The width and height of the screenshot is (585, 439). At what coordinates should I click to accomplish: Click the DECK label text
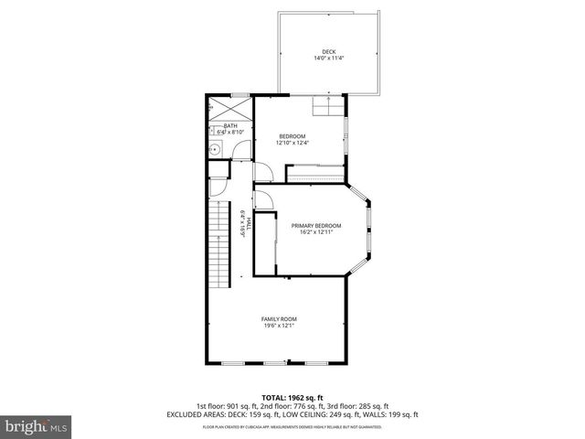click(x=328, y=51)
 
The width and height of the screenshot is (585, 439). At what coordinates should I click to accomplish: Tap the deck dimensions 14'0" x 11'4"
click(x=328, y=59)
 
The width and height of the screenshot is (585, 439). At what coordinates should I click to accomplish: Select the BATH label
click(x=230, y=126)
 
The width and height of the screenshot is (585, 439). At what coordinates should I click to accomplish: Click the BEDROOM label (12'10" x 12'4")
click(x=292, y=136)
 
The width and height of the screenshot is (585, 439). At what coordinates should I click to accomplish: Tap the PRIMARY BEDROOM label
click(x=316, y=225)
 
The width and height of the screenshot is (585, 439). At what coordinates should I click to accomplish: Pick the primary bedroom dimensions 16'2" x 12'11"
click(x=316, y=232)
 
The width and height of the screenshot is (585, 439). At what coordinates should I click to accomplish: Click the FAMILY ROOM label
click(x=279, y=318)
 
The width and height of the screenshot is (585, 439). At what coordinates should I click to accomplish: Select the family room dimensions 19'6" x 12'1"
click(x=279, y=326)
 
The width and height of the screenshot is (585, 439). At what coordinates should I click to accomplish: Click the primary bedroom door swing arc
click(x=263, y=198)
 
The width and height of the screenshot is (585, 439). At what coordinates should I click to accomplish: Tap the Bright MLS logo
click(x=37, y=426)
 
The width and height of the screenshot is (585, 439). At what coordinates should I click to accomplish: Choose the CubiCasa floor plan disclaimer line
click(x=292, y=426)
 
